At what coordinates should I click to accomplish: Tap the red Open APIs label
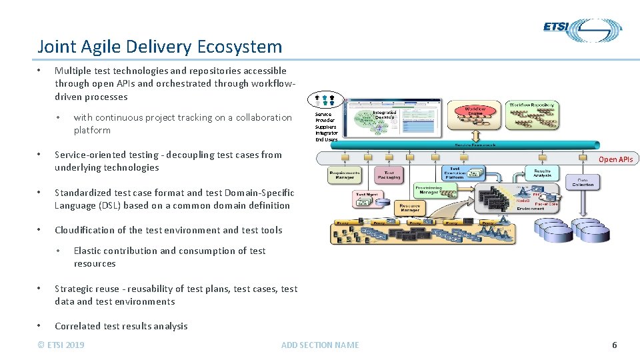(615, 159)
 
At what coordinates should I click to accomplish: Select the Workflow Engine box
(475, 113)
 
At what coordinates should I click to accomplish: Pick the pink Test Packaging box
(389, 175)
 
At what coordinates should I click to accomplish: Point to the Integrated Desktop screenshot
(398, 119)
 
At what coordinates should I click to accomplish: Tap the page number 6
(614, 345)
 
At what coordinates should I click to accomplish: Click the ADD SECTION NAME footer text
(320, 345)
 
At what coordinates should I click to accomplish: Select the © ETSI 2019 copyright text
(61, 345)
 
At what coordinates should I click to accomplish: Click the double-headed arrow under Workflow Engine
(475, 132)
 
